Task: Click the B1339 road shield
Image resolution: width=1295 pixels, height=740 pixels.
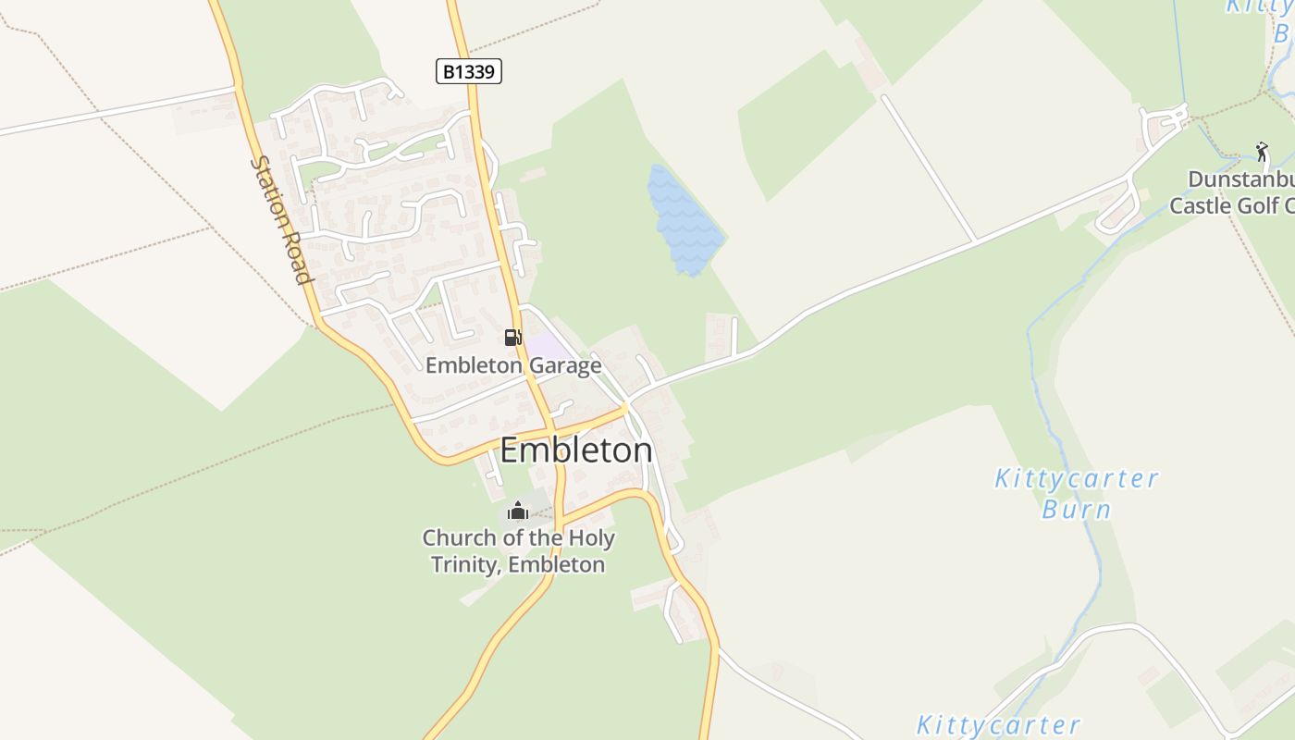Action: pos(468,71)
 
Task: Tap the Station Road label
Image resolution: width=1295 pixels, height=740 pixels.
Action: pos(280,220)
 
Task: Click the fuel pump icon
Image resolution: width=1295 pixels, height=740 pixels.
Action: pos(512,338)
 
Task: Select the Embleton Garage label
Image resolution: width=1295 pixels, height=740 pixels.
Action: pos(513,365)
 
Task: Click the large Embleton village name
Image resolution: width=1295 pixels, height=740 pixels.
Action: pos(576,450)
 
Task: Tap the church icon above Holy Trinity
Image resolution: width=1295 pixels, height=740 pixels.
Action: pos(518,510)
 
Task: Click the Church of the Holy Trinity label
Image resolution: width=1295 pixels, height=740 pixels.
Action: pos(518,550)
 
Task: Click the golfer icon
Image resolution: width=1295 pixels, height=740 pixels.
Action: pos(1262,151)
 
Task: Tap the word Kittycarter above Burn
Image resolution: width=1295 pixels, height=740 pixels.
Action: pos(1076,479)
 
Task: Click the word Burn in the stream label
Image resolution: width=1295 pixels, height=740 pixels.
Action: pos(1076,510)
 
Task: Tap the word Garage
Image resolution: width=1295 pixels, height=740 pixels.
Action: pos(565,365)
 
